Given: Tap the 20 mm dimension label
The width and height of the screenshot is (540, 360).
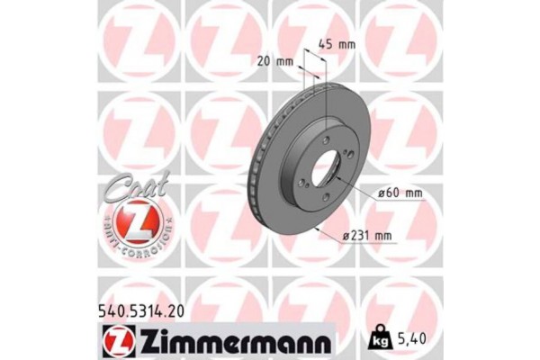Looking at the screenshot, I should pyautogui.click(x=276, y=60).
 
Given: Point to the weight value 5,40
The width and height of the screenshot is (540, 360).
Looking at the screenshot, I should pyautogui.click(x=409, y=340).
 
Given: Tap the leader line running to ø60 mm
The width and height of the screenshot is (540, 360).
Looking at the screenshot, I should pyautogui.click(x=360, y=186).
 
